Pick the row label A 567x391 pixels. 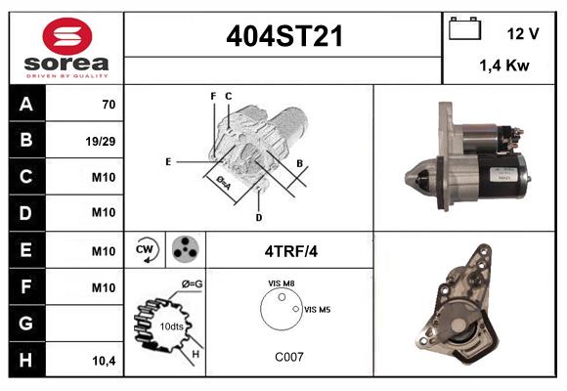[x=26, y=103]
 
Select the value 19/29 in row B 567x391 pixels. [x=103, y=140]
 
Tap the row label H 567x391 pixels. [x=26, y=360]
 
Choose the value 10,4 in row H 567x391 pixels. [x=103, y=361]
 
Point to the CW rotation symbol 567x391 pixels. [x=147, y=250]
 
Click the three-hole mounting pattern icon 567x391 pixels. [x=183, y=250]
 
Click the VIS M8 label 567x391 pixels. [x=282, y=282]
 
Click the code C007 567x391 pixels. [x=287, y=357]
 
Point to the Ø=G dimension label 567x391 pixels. [x=192, y=284]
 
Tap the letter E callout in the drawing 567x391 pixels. [x=168, y=160]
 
